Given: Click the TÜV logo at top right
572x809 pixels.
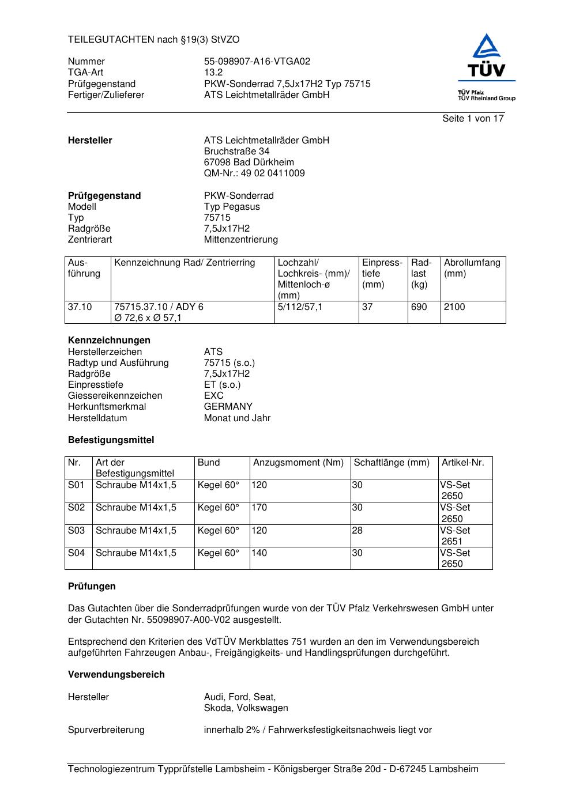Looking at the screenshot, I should [x=487, y=66].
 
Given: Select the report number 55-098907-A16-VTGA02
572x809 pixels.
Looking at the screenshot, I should [x=257, y=62].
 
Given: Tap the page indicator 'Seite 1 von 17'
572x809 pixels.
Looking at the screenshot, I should [x=473, y=119].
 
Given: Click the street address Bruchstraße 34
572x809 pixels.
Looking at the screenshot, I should [x=236, y=152].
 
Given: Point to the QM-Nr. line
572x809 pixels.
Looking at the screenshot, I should [x=254, y=173].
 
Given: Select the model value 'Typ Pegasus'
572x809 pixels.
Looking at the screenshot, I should [x=232, y=207].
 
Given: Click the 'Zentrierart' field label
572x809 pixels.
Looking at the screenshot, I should [x=90, y=240].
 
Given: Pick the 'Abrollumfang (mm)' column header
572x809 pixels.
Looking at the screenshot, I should [x=472, y=268].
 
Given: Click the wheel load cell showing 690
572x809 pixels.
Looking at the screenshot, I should [x=419, y=307].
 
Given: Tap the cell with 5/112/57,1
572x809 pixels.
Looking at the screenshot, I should [x=300, y=307].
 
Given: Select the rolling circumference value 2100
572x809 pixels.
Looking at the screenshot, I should [x=454, y=307].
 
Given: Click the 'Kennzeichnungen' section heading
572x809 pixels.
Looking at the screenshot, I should [x=109, y=341].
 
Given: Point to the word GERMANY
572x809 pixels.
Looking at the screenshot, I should [x=228, y=407].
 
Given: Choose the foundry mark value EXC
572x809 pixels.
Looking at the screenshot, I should [x=213, y=396].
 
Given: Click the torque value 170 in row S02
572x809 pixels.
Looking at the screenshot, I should [x=259, y=508].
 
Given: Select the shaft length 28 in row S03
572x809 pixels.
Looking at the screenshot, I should [x=357, y=531].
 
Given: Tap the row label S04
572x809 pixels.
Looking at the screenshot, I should [x=76, y=553].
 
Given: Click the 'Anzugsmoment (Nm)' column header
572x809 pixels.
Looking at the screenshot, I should [x=298, y=463].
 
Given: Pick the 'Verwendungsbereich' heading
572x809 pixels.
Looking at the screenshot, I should [x=116, y=675].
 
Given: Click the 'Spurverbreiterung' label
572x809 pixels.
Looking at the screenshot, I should [x=106, y=730].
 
